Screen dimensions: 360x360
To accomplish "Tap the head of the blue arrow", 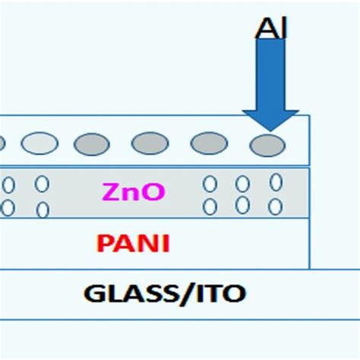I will tap(270, 118).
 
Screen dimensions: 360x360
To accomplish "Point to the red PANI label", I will tap(134, 243).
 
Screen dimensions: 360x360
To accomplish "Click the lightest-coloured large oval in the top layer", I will tap(39, 143).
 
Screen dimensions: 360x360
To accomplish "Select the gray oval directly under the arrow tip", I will tap(268, 144).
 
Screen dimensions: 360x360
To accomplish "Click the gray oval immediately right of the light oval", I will tap(92, 143).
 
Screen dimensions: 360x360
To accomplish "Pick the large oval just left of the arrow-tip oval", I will tap(209, 143).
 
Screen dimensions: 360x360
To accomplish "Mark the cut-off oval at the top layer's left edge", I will tap(2, 143).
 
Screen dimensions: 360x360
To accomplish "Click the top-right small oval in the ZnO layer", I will tap(276, 182).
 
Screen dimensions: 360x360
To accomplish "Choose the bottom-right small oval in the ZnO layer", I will tap(276, 205).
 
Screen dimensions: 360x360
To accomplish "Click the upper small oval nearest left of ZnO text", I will tap(43, 184).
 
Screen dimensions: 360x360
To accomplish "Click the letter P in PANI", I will tap(104, 243).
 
